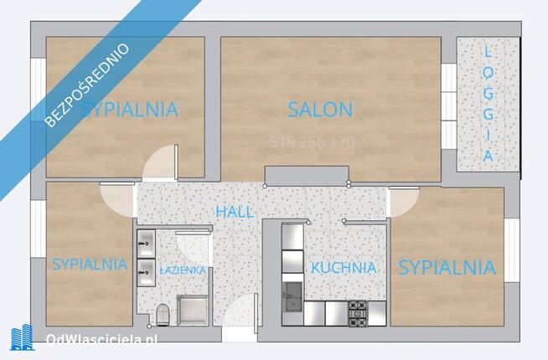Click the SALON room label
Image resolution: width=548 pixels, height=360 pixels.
[320, 110]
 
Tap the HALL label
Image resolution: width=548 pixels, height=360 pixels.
[235, 212]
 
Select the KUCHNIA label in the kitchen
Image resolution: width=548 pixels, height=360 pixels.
[344, 268]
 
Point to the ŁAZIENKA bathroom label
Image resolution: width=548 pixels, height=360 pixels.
[183, 270]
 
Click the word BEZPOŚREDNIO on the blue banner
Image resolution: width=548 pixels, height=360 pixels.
[87, 85]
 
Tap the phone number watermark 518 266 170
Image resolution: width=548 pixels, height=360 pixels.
[312, 142]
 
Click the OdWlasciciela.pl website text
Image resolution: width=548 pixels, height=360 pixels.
[101, 339]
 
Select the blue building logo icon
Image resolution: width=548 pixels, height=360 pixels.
[22, 337]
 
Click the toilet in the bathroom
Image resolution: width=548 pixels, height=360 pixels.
[163, 314]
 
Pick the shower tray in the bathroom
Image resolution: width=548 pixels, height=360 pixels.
[193, 311]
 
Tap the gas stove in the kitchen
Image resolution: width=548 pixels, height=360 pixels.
[357, 313]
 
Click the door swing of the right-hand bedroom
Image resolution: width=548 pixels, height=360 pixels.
[404, 202]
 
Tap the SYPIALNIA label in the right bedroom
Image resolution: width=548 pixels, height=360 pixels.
[447, 268]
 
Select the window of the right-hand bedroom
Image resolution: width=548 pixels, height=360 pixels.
[512, 250]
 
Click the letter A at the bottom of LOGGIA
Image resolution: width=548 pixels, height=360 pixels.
[489, 156]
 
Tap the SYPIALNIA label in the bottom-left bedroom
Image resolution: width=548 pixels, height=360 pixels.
[90, 265]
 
